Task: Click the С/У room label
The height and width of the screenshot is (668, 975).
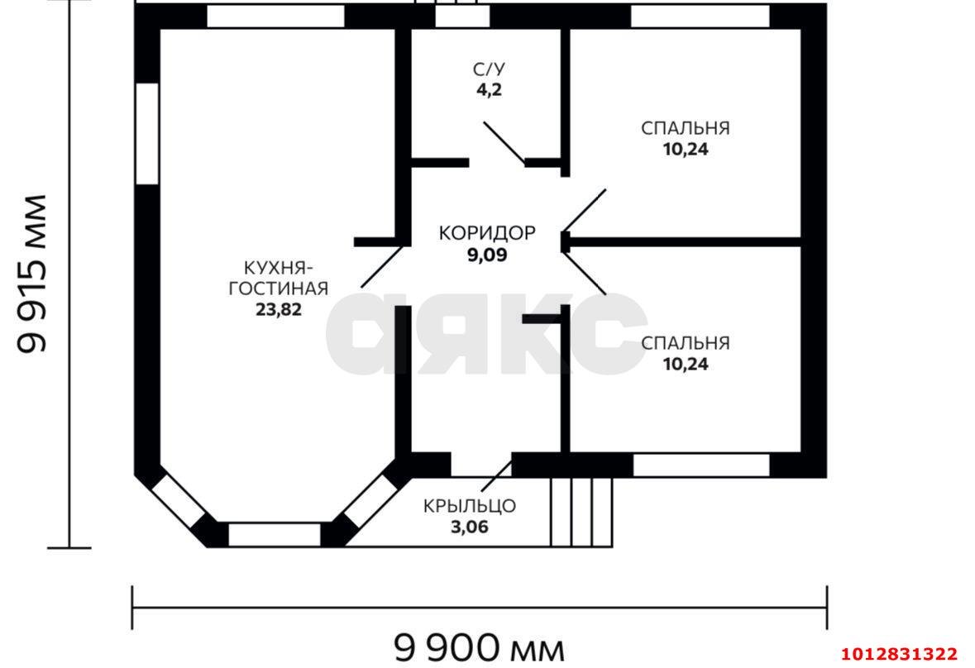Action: (x=487, y=69)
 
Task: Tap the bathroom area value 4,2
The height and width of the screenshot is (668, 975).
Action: (x=487, y=90)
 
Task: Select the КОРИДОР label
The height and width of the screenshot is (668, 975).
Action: (x=486, y=233)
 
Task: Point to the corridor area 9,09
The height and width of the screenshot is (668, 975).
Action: (x=486, y=255)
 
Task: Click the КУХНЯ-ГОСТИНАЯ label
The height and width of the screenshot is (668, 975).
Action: (x=278, y=278)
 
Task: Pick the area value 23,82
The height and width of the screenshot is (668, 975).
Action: (x=278, y=310)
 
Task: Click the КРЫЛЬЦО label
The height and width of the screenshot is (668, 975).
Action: (x=470, y=505)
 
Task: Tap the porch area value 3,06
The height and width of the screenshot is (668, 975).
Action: (x=470, y=527)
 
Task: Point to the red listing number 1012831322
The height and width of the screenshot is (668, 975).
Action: (x=906, y=654)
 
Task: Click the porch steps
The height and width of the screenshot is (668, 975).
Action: (x=581, y=512)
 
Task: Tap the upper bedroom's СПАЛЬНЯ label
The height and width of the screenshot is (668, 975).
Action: (x=685, y=128)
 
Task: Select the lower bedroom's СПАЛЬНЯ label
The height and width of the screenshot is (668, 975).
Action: (x=685, y=342)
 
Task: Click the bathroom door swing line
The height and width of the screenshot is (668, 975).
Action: (x=504, y=143)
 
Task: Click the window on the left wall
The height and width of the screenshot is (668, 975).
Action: (x=146, y=133)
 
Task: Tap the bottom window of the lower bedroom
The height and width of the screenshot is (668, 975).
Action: (x=701, y=465)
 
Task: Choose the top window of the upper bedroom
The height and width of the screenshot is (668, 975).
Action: (x=700, y=16)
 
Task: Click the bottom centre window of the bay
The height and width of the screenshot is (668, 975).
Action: (x=274, y=534)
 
